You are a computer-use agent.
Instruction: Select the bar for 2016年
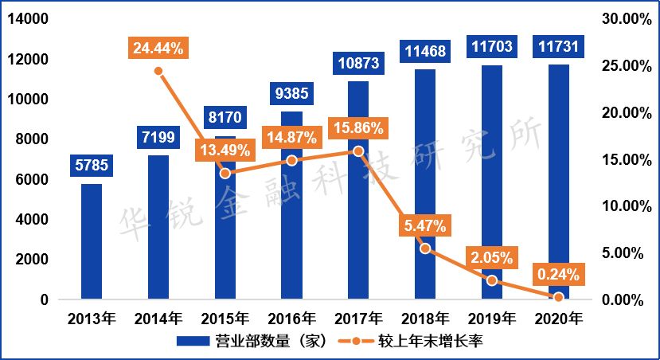[x=292, y=231]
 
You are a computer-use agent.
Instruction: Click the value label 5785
[x=92, y=166]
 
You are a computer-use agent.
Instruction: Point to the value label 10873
[x=358, y=62]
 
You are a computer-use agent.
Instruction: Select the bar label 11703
[x=491, y=47]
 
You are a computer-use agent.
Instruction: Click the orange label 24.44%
[x=158, y=49]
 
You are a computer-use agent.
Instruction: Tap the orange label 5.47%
[x=425, y=226]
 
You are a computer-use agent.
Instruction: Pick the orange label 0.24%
[x=558, y=275]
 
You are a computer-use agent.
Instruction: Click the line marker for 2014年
[x=158, y=71]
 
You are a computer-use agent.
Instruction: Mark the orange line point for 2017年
[x=358, y=151]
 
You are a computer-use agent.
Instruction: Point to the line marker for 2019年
[x=491, y=280]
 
